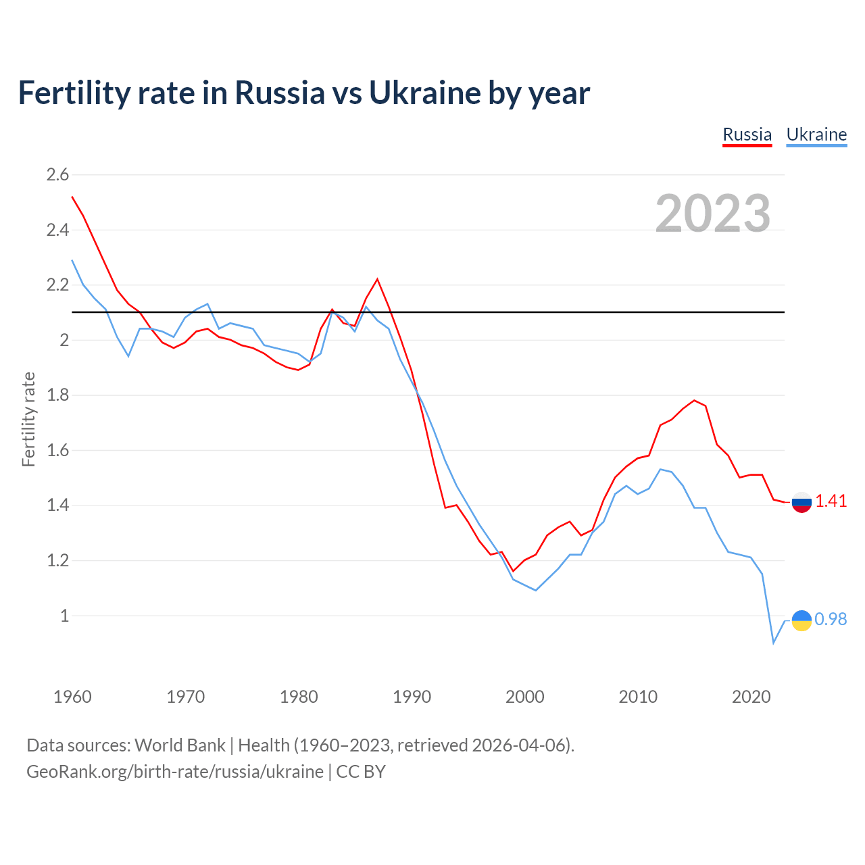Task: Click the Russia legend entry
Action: [x=747, y=134]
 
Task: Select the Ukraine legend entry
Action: [x=816, y=134]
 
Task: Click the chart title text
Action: [x=303, y=93]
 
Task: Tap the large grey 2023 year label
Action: [x=713, y=214]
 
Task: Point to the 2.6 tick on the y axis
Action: [x=57, y=175]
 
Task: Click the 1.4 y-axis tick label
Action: [x=57, y=505]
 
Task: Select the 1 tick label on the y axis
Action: [x=64, y=616]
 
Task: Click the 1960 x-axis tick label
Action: [x=72, y=697]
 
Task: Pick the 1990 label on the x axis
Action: [x=412, y=697]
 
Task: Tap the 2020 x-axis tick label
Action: [x=751, y=697]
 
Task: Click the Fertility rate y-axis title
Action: [x=28, y=419]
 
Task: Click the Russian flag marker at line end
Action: [x=801, y=502]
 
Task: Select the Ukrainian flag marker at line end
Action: [x=801, y=620]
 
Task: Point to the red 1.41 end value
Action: [x=831, y=501]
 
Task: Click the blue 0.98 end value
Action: [x=831, y=619]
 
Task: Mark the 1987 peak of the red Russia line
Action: [x=377, y=279]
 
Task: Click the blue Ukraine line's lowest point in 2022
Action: [x=774, y=643]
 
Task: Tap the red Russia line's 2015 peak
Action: [x=694, y=400]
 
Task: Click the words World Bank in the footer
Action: [x=180, y=745]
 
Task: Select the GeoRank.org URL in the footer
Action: [x=175, y=772]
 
